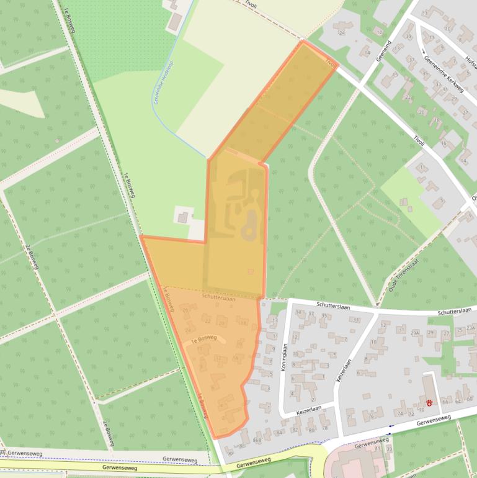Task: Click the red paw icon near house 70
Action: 429,402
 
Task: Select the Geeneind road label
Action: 383,50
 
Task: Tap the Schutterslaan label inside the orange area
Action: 218,299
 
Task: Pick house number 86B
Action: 258,440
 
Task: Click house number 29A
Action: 416,333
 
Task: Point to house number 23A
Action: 471,328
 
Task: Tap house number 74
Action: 400,413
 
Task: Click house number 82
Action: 295,430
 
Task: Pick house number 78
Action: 324,428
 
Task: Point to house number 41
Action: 377,448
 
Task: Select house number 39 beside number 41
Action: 389,448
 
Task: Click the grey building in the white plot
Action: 182,217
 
